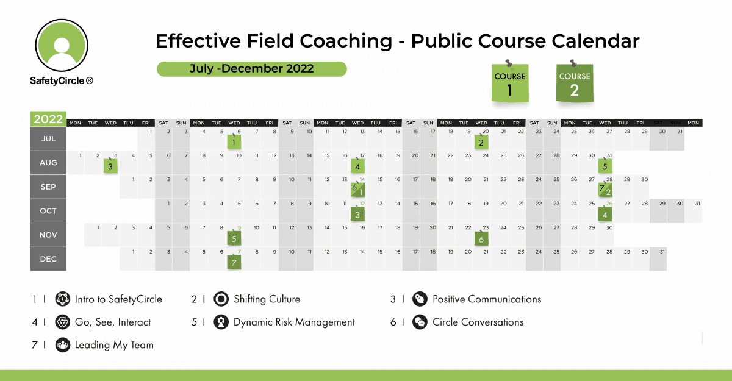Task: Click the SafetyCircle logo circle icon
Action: coord(61,46)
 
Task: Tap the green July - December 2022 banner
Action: coord(251,69)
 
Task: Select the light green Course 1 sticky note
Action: coord(511,83)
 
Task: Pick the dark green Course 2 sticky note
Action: coord(575,83)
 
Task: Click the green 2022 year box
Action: coord(48,119)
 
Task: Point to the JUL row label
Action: coord(48,138)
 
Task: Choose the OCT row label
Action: coord(48,211)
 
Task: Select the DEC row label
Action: coord(48,259)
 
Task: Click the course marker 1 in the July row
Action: coord(234,143)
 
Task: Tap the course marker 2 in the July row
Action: coord(481,143)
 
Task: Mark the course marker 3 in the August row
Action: coord(110,166)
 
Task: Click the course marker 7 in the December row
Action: coord(234,263)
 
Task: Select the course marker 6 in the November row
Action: coord(481,239)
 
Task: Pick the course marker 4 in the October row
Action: coord(605,215)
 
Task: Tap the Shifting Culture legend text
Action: coord(267,299)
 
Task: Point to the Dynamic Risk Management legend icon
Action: coord(220,322)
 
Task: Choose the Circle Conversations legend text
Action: coord(478,322)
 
